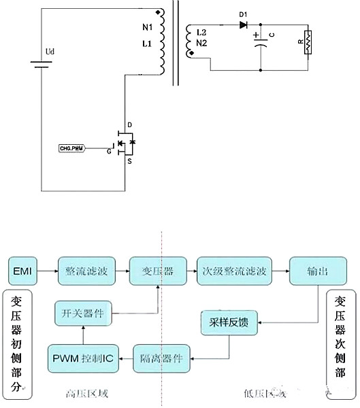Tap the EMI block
(22, 271)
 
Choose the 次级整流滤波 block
(235, 271)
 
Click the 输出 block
(318, 271)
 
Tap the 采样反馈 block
(229, 324)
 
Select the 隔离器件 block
(158, 358)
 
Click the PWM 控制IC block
(81, 358)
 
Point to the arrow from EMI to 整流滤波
(47, 271)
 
